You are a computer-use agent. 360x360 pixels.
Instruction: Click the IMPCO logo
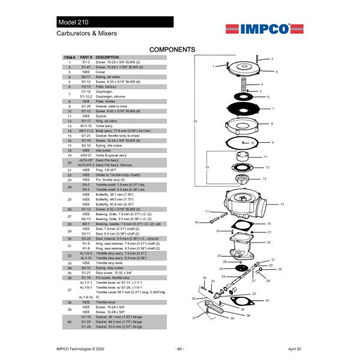coord(258,28)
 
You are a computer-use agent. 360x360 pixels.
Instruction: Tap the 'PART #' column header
coord(86,57)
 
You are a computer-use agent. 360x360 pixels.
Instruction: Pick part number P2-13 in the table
coord(86,87)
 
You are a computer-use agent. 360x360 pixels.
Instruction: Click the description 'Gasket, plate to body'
coord(119,106)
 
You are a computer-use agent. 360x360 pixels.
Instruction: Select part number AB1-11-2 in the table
coord(86,131)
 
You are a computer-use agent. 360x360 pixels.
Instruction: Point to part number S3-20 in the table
coord(86,238)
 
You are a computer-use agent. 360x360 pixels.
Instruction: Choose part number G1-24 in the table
coord(86,327)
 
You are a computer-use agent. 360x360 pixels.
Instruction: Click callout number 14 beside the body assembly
coord(281,205)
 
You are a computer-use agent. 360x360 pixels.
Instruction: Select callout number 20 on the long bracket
coord(195,122)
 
